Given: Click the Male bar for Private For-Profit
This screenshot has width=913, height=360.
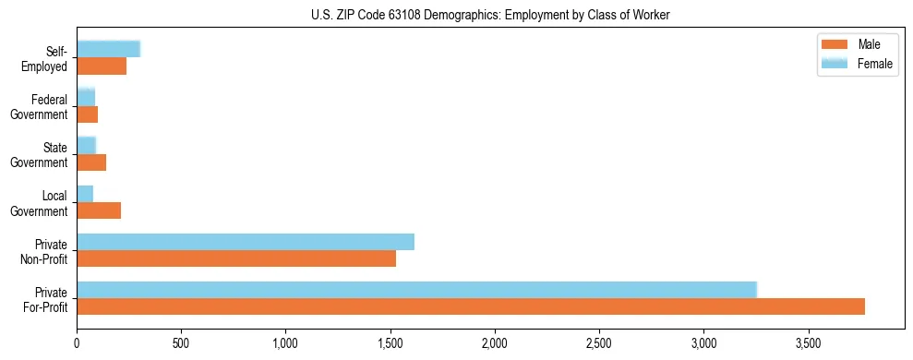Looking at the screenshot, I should (471, 306).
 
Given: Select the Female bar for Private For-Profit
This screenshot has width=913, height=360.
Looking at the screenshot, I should (416, 290).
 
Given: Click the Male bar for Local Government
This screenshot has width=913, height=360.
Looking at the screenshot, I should (99, 210).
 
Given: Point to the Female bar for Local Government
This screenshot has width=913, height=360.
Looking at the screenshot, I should (85, 194).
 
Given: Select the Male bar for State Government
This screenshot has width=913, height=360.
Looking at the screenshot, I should (91, 162).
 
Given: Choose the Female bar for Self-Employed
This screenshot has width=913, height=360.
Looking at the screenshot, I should (108, 49).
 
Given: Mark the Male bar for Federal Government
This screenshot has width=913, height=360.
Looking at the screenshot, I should (87, 114).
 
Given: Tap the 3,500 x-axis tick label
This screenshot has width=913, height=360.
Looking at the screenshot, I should (809, 343).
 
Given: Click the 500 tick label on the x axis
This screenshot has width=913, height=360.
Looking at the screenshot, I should (181, 343).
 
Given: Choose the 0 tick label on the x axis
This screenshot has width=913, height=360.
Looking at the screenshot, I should (77, 343).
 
